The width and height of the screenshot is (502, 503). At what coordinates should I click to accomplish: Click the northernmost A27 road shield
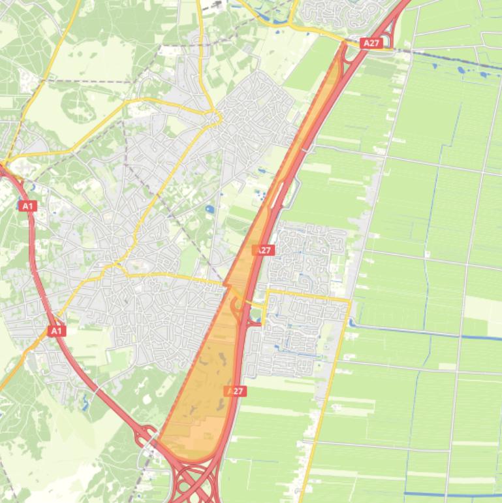371,43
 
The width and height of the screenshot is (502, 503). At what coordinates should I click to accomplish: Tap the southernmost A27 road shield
236,391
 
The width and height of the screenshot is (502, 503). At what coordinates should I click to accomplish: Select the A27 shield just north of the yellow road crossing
264,250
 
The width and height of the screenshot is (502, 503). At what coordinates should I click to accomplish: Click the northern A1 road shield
27,206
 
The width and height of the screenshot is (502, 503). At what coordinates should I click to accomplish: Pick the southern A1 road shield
57,331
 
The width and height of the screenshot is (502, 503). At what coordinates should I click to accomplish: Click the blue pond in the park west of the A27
210,210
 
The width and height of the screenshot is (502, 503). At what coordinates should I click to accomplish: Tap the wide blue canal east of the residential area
418,332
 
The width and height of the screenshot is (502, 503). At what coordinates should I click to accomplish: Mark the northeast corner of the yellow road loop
350,300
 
